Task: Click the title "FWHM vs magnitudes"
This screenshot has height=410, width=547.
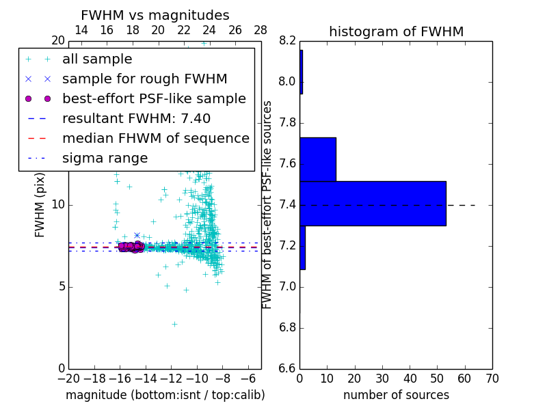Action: click(x=155, y=15)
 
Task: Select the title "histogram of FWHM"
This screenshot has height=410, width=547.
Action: click(x=396, y=31)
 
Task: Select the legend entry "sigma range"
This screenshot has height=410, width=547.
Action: click(x=105, y=159)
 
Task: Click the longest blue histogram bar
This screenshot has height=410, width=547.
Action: click(x=373, y=203)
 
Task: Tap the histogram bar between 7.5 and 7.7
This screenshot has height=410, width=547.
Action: click(x=318, y=159)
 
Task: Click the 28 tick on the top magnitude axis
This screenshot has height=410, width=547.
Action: click(x=261, y=30)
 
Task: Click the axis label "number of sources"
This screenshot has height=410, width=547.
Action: click(x=396, y=395)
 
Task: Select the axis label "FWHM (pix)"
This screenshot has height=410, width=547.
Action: click(x=40, y=205)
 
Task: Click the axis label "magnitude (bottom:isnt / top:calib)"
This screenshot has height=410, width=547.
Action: click(x=165, y=395)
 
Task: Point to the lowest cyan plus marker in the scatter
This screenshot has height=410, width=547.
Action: click(x=174, y=324)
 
